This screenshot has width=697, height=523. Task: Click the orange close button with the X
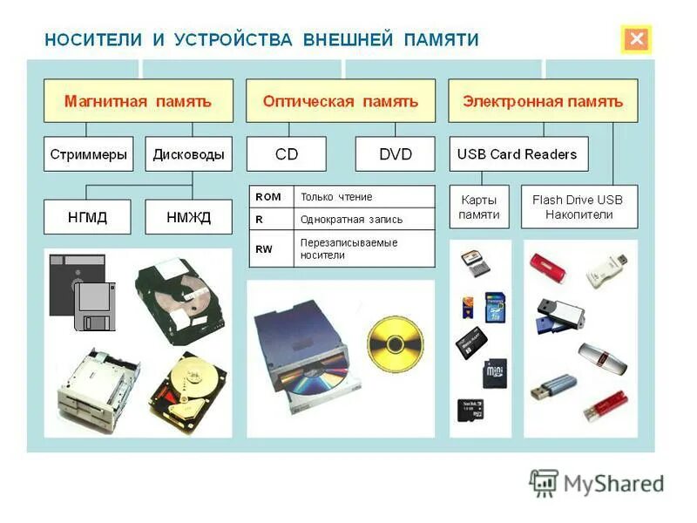pyautogui.click(x=637, y=39)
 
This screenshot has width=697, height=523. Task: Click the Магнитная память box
pyautogui.click(x=139, y=101)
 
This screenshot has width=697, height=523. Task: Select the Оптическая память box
pyautogui.click(x=341, y=101)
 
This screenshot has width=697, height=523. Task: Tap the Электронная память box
pyautogui.click(x=543, y=101)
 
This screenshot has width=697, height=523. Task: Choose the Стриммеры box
pyautogui.click(x=89, y=154)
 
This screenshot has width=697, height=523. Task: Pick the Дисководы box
pyautogui.click(x=188, y=154)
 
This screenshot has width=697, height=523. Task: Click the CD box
pyautogui.click(x=287, y=154)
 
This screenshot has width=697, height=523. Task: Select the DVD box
pyautogui.click(x=395, y=154)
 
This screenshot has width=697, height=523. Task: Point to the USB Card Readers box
pyautogui.click(x=518, y=154)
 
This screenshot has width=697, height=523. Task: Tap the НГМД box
pyautogui.click(x=87, y=217)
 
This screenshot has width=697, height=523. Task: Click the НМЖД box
pyautogui.click(x=188, y=217)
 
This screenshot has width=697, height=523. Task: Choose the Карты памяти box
pyautogui.click(x=480, y=207)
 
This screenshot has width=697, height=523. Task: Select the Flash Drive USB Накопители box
pyautogui.click(x=579, y=207)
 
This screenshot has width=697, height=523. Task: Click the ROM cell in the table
pyautogui.click(x=270, y=197)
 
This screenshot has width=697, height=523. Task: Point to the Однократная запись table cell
pyautogui.click(x=363, y=219)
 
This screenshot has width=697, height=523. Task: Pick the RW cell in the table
pyautogui.click(x=270, y=248)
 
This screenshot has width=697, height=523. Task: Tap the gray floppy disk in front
pyautogui.click(x=94, y=307)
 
